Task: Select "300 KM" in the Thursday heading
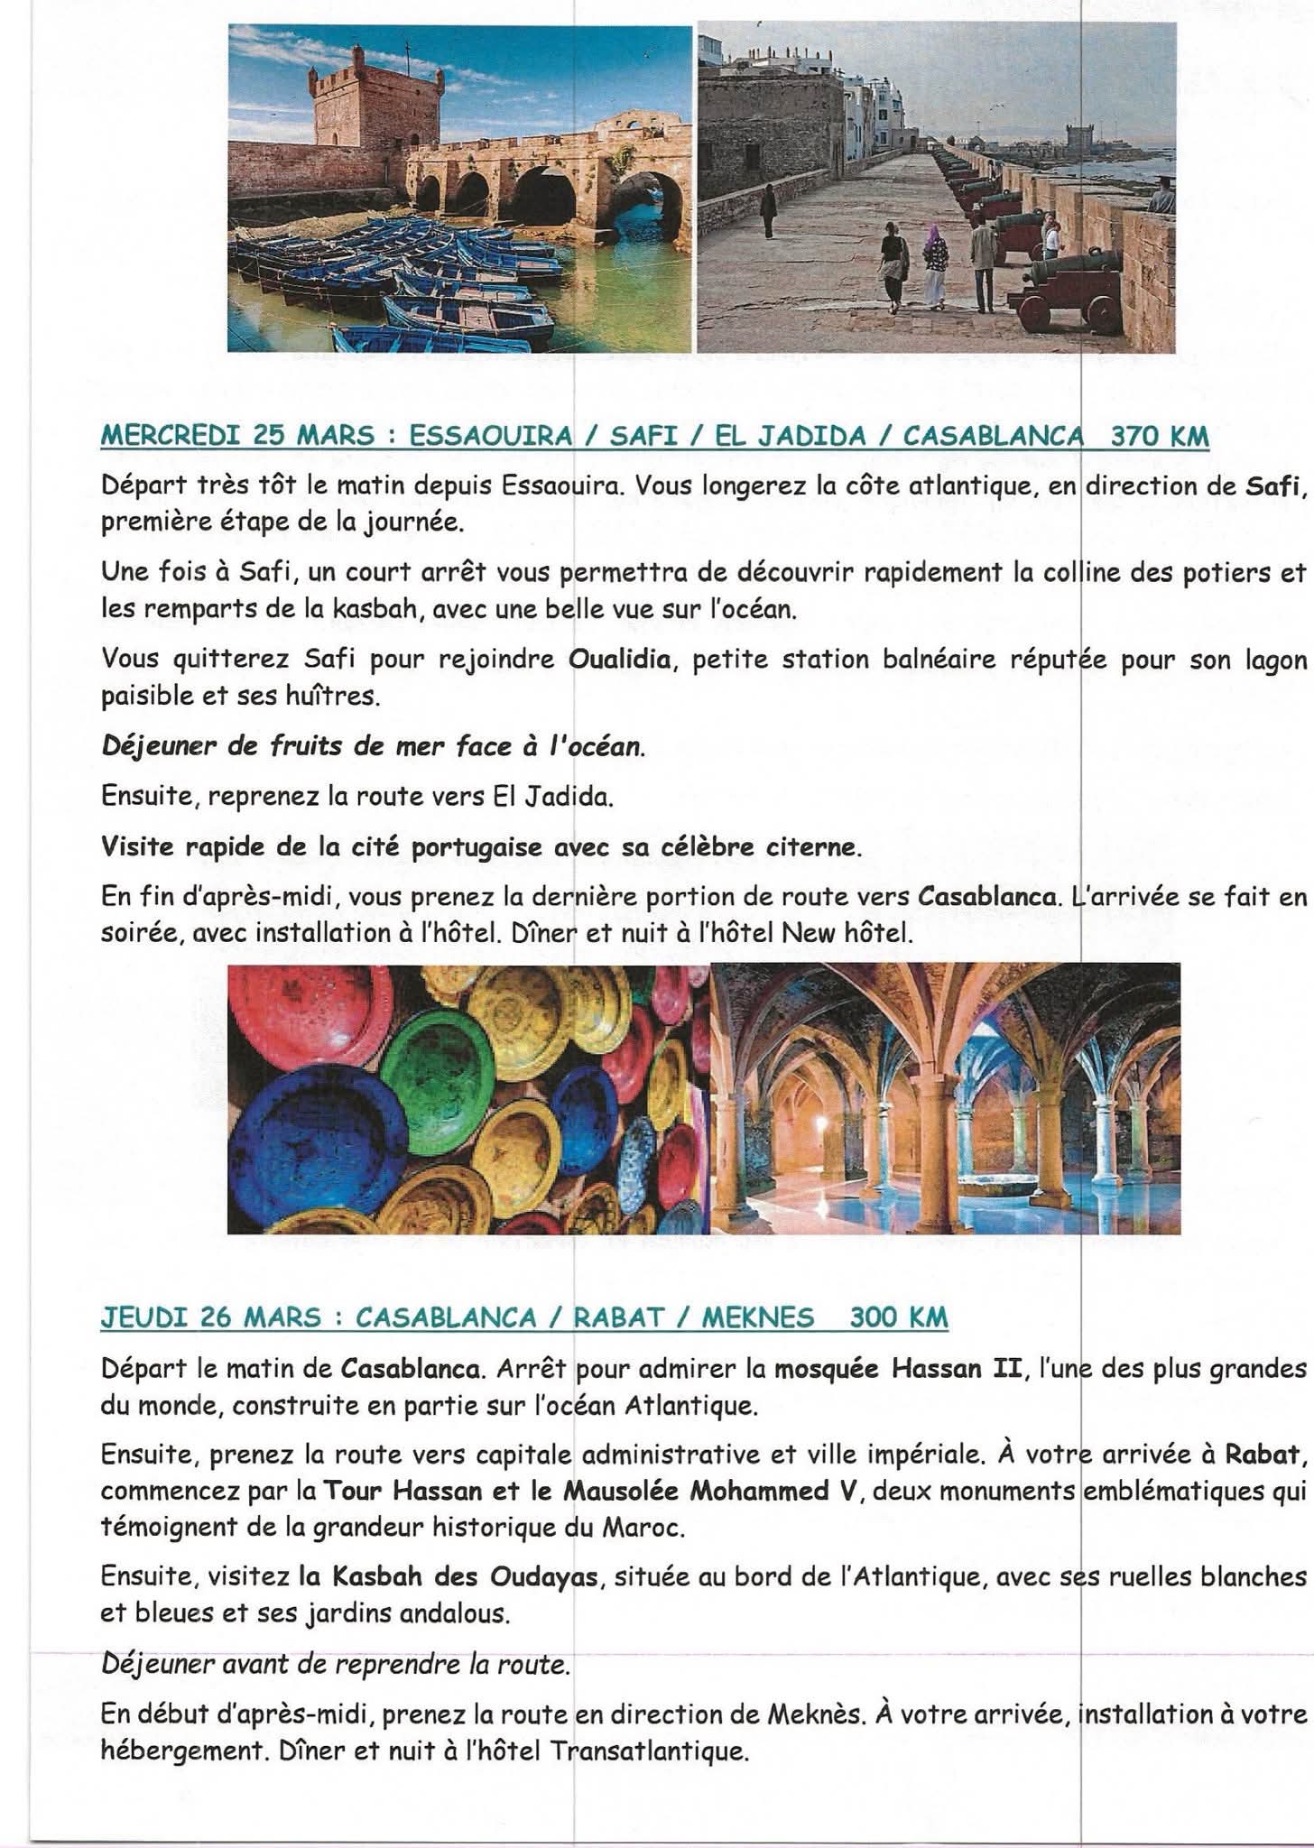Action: (899, 1318)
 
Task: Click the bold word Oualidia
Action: (620, 660)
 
